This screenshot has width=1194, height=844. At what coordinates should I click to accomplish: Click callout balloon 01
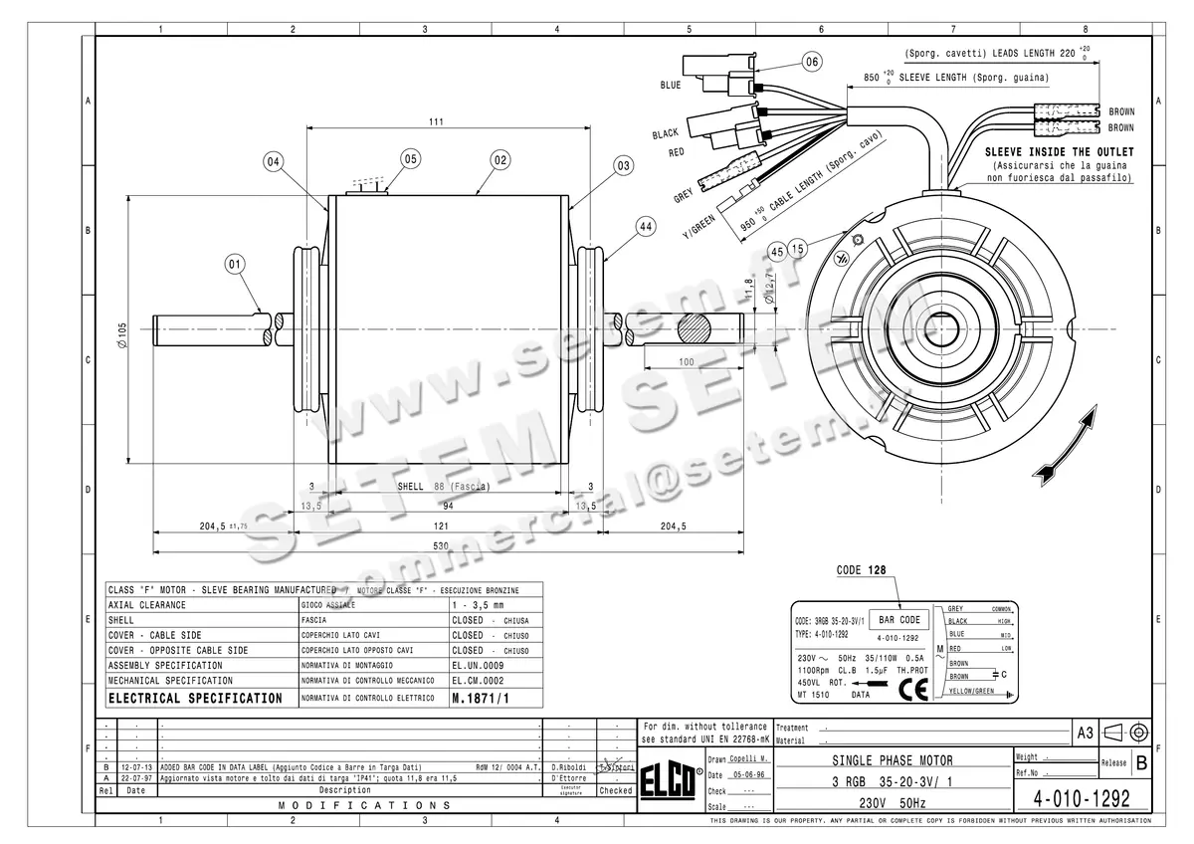[235, 265]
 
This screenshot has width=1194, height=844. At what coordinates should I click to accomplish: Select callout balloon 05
[411, 158]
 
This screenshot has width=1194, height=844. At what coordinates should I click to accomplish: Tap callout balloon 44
[646, 228]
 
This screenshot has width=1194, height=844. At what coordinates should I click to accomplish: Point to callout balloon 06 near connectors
[812, 62]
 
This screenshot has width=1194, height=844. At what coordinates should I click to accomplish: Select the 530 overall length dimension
[440, 545]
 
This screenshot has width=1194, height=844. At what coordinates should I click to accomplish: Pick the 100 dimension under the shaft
[686, 362]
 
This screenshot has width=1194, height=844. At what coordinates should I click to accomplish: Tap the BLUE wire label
[671, 86]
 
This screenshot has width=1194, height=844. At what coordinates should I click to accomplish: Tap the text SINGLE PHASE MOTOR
[892, 761]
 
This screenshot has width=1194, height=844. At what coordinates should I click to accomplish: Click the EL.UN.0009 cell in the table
[478, 665]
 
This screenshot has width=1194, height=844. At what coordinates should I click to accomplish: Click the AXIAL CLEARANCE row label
[147, 604]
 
